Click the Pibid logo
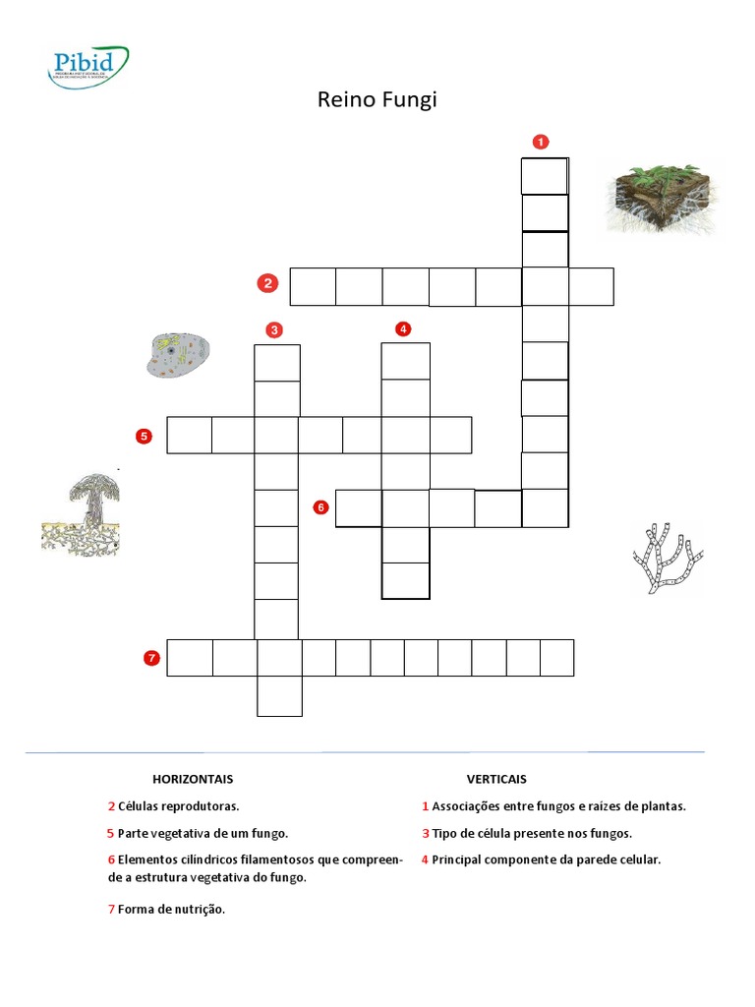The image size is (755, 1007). click(x=88, y=64)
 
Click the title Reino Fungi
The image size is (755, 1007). click(x=377, y=100)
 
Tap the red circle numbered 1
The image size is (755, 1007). click(x=540, y=142)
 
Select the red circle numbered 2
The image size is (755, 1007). click(x=266, y=284)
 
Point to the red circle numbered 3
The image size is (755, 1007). click(x=274, y=328)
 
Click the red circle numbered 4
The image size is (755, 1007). click(x=403, y=328)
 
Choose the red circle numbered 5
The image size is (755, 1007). click(x=145, y=435)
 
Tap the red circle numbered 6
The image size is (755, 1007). click(x=320, y=507)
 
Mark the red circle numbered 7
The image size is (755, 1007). click(x=151, y=658)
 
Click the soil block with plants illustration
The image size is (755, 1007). click(x=662, y=199)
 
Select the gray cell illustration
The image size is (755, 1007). click(x=178, y=355)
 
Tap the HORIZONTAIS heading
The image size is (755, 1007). click(x=193, y=779)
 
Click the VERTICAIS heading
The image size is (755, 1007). click(x=496, y=779)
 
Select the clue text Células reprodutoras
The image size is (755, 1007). click(x=178, y=806)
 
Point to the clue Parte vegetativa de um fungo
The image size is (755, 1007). click(x=203, y=833)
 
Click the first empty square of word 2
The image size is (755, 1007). click(x=313, y=286)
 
